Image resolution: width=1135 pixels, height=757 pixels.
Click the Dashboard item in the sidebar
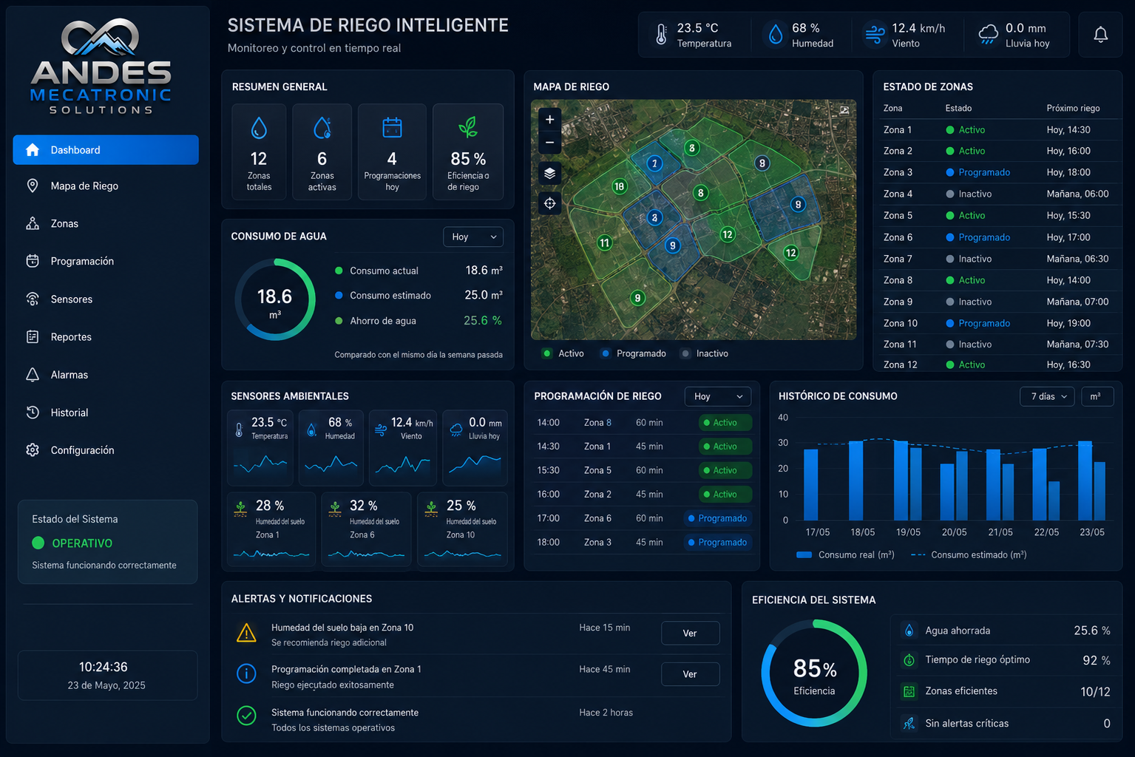tap(106, 150)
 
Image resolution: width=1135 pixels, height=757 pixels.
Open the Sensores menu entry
tap(71, 299)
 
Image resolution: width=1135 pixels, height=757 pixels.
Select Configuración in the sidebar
tap(82, 450)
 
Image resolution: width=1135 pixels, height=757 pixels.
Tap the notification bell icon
tap(1100, 35)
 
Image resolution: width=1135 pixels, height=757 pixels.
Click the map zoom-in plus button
tap(550, 120)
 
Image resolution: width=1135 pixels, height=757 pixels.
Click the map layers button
tap(550, 174)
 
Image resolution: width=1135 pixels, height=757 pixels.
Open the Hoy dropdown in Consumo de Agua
tap(473, 237)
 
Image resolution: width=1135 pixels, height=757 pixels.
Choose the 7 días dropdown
tap(1047, 397)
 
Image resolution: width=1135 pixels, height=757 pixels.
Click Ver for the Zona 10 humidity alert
tap(690, 634)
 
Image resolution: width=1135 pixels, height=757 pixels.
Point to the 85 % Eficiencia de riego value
tap(468, 159)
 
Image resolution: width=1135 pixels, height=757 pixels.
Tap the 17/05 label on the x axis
tap(817, 532)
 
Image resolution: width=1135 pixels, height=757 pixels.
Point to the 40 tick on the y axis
tap(783, 418)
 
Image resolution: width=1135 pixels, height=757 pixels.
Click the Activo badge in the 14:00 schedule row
tap(725, 423)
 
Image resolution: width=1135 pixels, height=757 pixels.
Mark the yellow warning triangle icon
tap(246, 634)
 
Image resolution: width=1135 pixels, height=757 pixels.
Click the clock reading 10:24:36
tap(104, 667)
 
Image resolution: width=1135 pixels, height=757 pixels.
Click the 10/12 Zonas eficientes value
tap(1095, 692)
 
